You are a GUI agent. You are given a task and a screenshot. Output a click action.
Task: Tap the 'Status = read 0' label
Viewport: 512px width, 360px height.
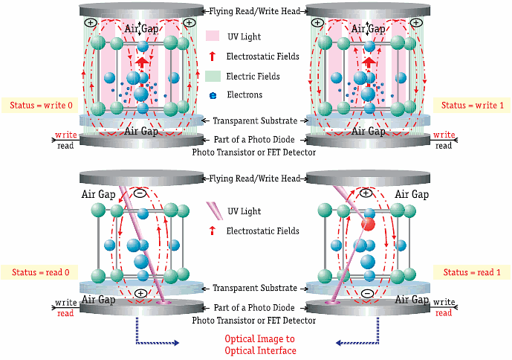(39, 272)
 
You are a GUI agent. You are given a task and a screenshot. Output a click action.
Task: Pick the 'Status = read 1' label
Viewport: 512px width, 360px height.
(471, 272)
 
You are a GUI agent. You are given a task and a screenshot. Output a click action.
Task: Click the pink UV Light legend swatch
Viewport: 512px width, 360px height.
(213, 36)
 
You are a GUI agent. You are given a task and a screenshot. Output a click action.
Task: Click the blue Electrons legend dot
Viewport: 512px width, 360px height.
(214, 95)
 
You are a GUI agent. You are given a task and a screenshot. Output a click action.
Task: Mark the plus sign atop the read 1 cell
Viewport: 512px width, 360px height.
(366, 193)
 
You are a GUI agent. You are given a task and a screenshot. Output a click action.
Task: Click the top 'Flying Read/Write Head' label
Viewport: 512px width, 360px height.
(256, 11)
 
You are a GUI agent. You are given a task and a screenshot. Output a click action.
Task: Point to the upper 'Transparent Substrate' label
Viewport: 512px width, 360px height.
(256, 121)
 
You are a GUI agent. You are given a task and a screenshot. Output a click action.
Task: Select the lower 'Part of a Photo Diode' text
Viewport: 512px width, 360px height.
(256, 308)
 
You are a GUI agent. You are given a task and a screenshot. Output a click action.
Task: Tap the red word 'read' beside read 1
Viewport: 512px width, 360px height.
(444, 313)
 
